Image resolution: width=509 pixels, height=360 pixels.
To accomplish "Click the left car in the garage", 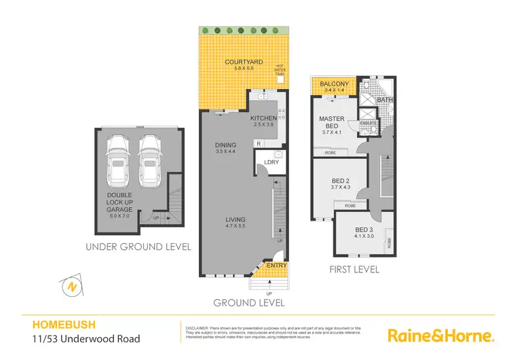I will click(120, 160).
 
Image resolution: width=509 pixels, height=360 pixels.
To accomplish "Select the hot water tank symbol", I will click(279, 79).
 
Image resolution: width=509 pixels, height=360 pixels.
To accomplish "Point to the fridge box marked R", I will click(259, 143).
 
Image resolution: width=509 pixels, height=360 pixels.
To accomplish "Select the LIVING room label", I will click(235, 219).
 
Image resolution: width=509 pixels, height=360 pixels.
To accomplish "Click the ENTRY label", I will click(277, 265).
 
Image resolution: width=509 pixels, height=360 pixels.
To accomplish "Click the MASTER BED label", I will click(333, 122).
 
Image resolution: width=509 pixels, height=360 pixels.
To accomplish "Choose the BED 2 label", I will click(339, 179).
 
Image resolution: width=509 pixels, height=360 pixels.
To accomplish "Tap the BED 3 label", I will click(364, 230).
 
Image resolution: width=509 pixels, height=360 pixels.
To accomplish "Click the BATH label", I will click(385, 101).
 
